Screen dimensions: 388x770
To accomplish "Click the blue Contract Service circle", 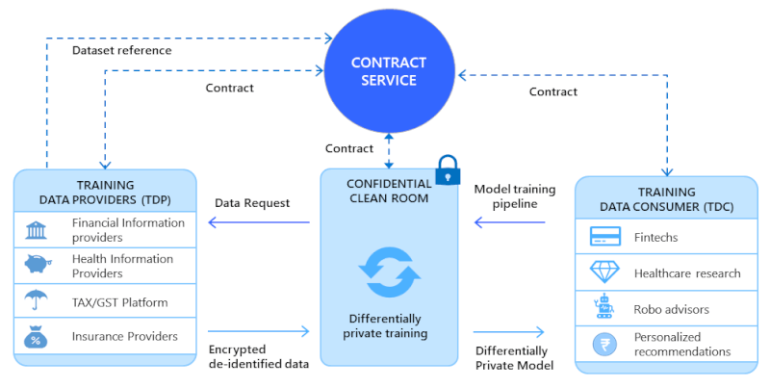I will click(x=388, y=72).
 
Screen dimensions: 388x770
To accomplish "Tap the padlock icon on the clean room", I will click(x=448, y=169).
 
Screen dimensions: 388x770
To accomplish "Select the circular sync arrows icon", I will click(x=388, y=272).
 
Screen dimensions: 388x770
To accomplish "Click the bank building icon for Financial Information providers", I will click(x=38, y=231).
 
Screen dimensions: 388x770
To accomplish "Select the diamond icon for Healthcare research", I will click(x=603, y=272).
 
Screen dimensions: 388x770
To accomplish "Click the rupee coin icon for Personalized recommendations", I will click(x=603, y=345).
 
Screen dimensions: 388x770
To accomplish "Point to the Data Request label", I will click(x=252, y=203).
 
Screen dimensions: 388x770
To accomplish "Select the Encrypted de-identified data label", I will click(x=257, y=357).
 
